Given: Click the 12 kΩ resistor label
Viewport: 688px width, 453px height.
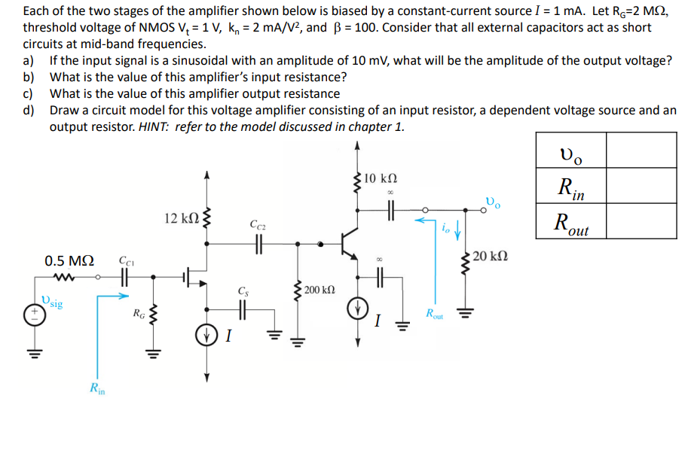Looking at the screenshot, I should tap(180, 218).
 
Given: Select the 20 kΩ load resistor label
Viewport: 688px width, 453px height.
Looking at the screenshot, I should tap(491, 256).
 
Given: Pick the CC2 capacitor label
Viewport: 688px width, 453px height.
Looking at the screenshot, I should tap(256, 224).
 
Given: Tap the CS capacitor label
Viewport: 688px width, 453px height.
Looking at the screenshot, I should tap(242, 290).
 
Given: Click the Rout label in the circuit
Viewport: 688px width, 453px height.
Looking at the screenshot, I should tap(434, 314).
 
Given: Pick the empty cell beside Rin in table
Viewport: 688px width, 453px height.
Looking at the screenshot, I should tap(640, 185).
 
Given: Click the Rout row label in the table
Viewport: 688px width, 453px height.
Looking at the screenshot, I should tap(570, 222).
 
